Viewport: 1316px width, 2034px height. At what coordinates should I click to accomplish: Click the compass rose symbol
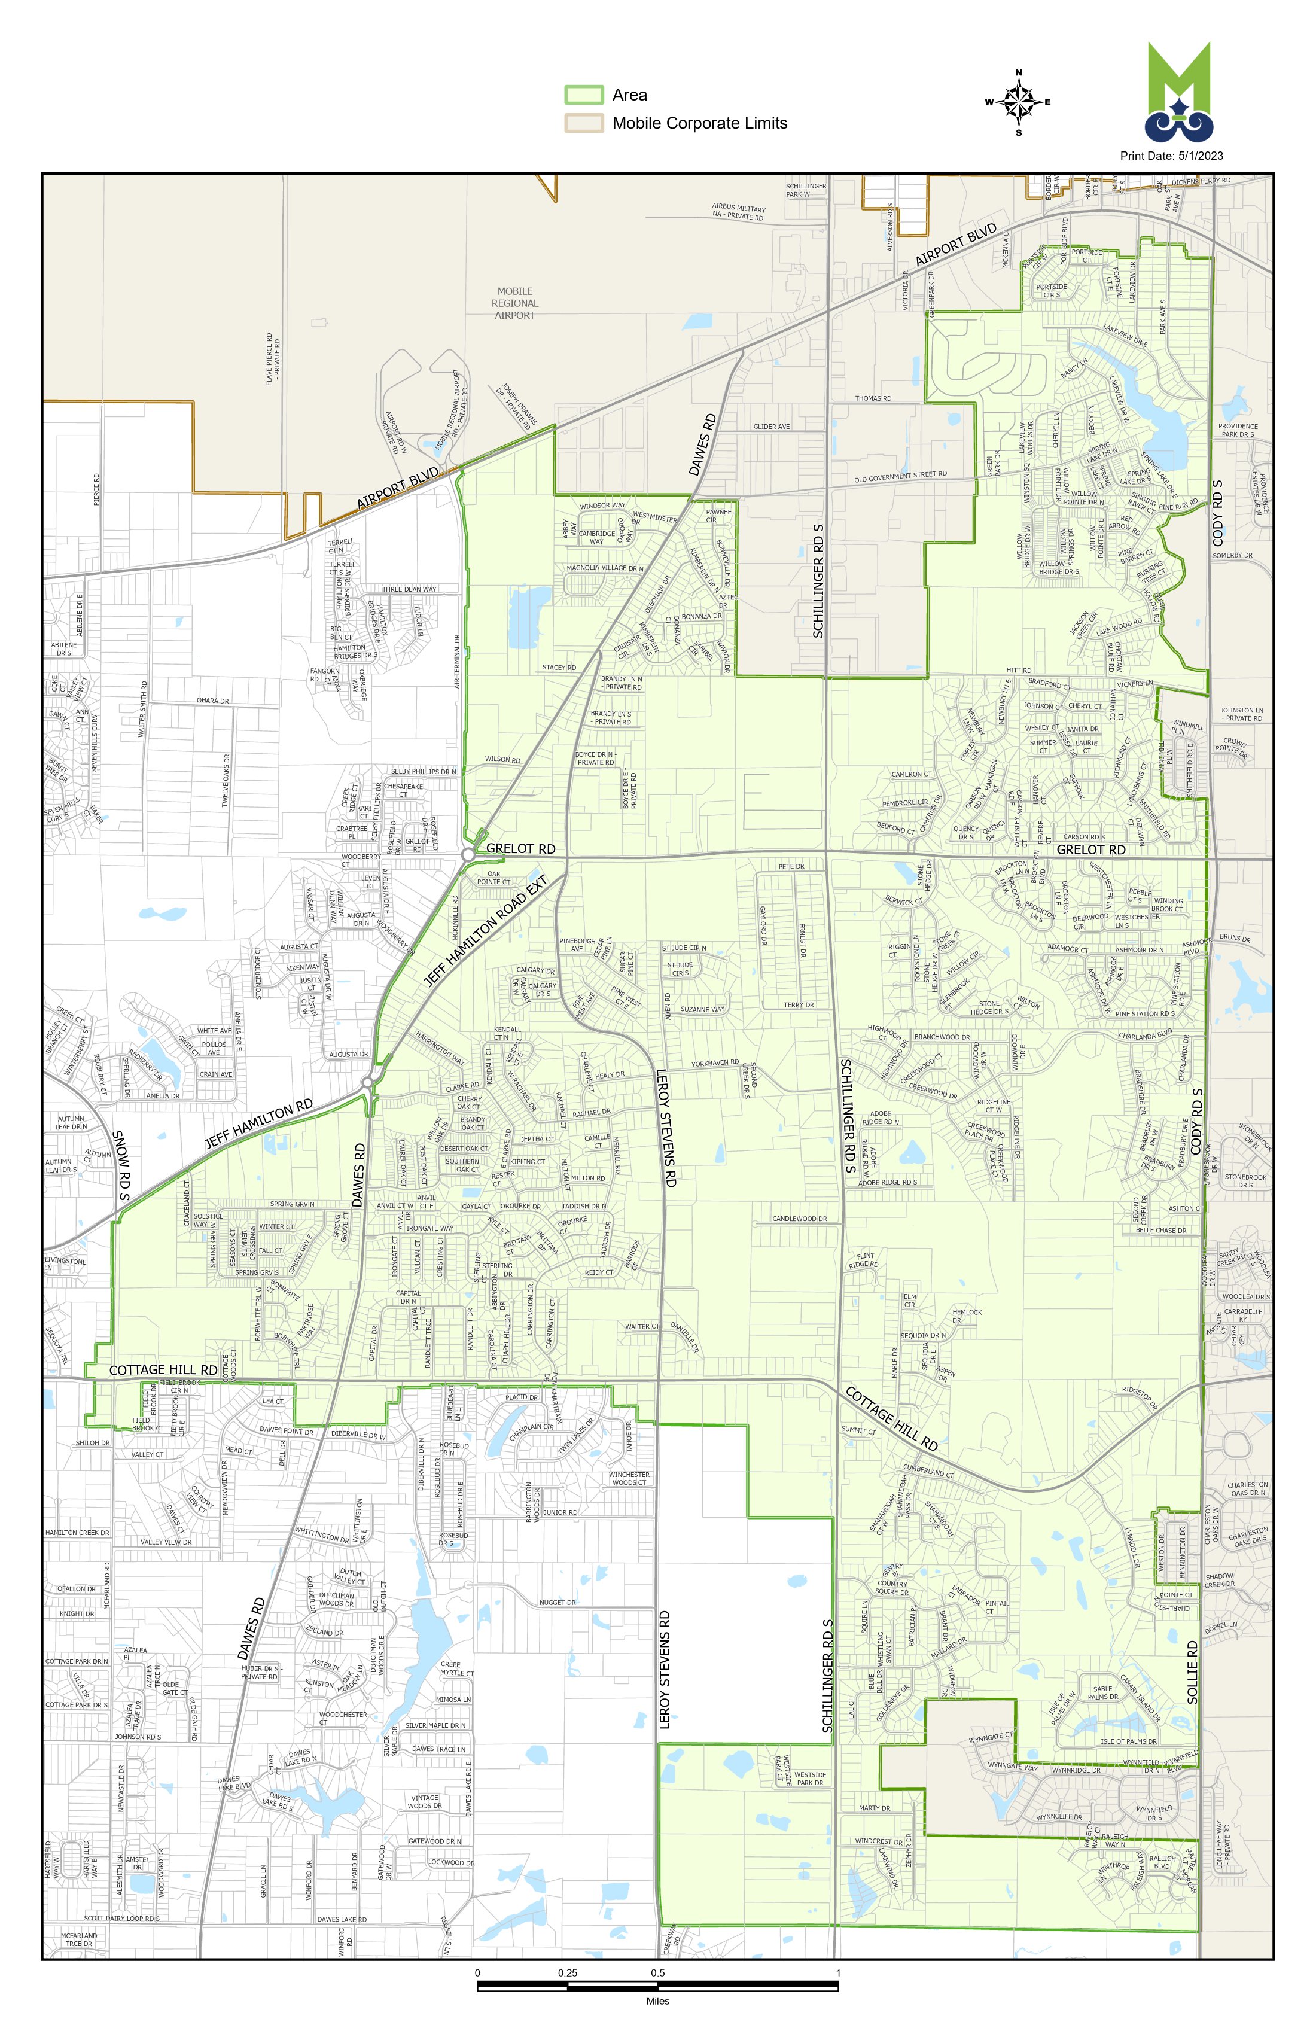click(1018, 102)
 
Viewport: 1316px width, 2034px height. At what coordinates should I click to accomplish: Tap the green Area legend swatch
click(584, 95)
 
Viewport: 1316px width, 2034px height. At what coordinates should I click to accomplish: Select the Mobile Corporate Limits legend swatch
click(584, 123)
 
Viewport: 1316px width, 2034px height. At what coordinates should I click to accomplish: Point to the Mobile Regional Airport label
click(514, 303)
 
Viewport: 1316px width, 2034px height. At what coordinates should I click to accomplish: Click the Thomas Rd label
click(873, 399)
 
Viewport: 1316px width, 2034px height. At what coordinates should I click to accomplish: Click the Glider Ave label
click(772, 427)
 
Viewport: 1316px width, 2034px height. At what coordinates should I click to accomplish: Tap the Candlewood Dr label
click(800, 1219)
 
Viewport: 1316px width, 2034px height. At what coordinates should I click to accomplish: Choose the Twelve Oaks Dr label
click(227, 780)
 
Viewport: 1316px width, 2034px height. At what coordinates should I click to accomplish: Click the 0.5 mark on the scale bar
click(658, 1974)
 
